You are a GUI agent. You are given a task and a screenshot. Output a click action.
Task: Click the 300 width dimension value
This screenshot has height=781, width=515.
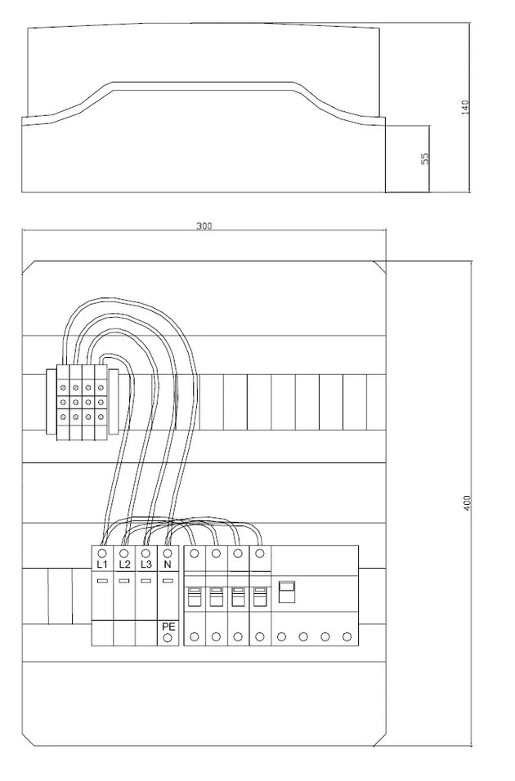(204, 225)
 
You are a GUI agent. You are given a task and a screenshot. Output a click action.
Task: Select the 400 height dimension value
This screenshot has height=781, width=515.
(467, 502)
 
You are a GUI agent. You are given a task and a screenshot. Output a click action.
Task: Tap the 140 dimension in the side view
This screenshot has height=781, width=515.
(465, 107)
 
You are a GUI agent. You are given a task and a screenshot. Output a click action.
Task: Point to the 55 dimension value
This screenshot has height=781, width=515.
(425, 158)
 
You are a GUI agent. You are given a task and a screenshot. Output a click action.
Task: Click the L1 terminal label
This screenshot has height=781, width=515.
(102, 565)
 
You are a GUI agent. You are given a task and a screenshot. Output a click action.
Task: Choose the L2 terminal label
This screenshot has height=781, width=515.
(124, 565)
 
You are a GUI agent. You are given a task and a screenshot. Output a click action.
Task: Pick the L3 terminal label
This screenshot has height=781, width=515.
(146, 565)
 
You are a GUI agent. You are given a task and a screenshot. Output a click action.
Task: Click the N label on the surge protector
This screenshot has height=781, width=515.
(168, 565)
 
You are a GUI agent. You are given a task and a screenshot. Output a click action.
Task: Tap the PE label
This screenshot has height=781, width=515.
(168, 627)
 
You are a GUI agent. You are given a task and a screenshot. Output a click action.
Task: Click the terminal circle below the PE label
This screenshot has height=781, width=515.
(168, 637)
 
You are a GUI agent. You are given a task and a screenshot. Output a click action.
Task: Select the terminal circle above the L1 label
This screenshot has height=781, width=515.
(102, 553)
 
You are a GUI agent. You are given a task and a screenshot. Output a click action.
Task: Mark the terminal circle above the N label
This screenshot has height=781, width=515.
(168, 553)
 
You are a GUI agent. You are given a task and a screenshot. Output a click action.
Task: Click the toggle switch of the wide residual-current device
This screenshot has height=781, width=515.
(287, 592)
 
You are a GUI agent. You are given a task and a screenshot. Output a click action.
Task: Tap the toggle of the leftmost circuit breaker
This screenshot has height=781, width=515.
(194, 596)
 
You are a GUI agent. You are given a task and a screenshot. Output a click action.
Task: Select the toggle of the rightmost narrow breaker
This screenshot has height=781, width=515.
(259, 596)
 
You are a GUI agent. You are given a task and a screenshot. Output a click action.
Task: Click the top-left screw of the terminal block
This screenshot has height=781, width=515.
(63, 387)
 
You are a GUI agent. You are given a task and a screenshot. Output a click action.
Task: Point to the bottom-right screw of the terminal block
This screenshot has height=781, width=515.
(101, 415)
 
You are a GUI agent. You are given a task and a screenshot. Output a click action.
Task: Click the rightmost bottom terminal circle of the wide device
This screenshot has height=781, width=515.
(347, 636)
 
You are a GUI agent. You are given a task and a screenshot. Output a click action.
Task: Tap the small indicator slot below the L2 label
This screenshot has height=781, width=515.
(124, 581)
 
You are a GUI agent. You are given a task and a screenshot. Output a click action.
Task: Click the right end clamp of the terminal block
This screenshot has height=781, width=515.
(114, 401)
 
